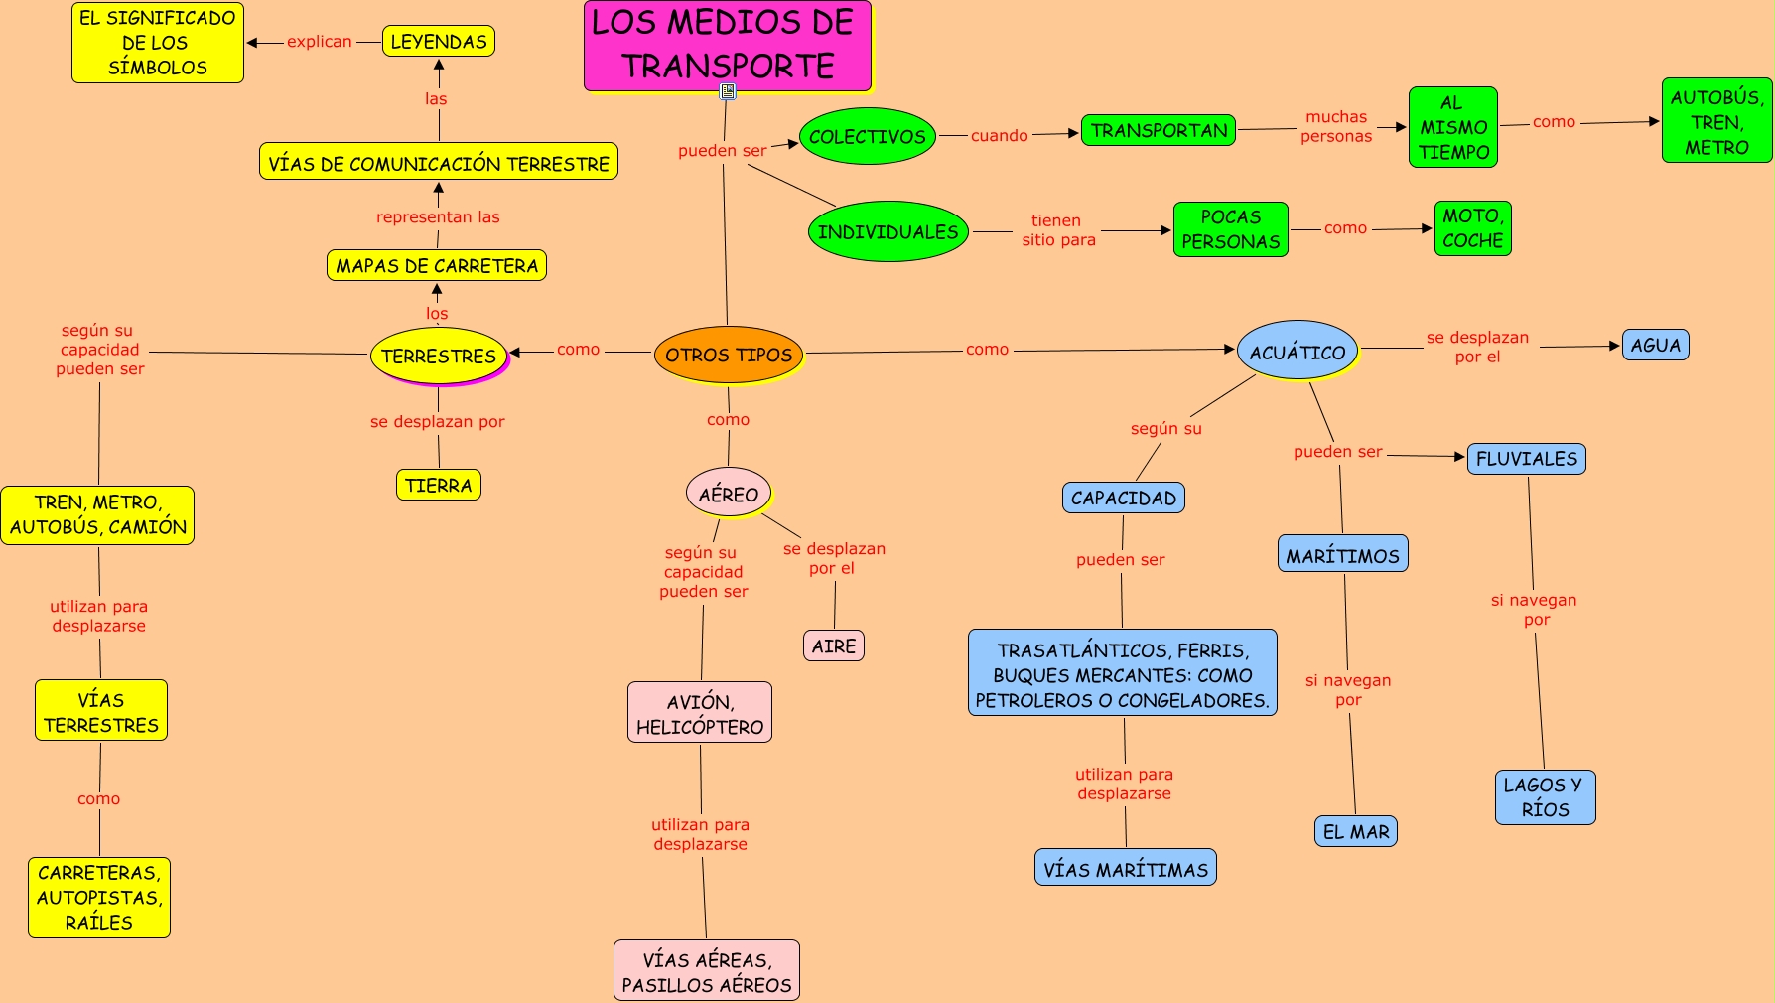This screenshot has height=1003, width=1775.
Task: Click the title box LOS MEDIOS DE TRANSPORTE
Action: coord(728,46)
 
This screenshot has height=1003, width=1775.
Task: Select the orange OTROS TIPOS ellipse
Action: coord(729,355)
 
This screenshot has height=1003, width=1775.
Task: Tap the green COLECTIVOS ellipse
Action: coord(868,136)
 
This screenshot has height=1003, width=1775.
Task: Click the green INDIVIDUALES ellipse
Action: coord(888,231)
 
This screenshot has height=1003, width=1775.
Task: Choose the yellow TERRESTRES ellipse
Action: coord(439,356)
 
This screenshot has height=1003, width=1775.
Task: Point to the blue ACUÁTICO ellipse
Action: coord(1297,350)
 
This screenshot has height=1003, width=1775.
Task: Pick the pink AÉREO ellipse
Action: coord(729,493)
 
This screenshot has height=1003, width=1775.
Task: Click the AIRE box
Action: coord(834,645)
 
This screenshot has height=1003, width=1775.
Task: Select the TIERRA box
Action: coord(438,485)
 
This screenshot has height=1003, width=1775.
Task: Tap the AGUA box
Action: coord(1655,345)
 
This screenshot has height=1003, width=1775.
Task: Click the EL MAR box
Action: coord(1356,831)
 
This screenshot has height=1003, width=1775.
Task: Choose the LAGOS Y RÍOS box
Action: coord(1545,796)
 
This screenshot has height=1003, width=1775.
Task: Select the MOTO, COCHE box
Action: coord(1472,228)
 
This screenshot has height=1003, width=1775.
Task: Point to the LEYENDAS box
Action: coord(439,41)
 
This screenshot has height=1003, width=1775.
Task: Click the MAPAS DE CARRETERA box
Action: coord(437,265)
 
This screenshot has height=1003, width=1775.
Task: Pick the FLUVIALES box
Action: coord(1527,458)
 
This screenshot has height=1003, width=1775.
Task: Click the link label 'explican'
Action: coord(320,42)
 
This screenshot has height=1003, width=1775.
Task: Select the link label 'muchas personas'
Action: coord(1336,127)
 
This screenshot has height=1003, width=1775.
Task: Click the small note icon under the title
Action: coord(728,91)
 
